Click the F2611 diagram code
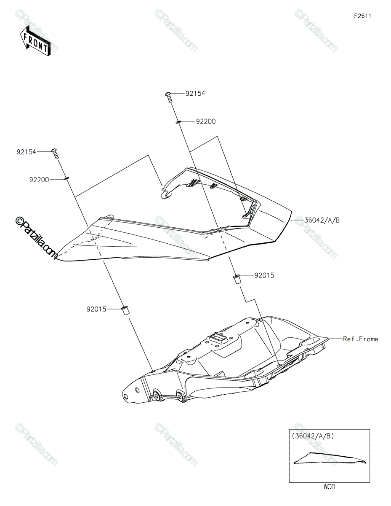(362, 16)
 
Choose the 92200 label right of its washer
(205, 121)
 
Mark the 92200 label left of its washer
(40, 179)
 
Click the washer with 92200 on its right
(178, 122)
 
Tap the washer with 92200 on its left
(66, 178)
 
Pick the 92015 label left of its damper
(96, 309)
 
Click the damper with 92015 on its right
(237, 279)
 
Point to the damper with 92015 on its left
(125, 311)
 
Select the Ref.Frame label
(360, 339)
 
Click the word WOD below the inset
(329, 487)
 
